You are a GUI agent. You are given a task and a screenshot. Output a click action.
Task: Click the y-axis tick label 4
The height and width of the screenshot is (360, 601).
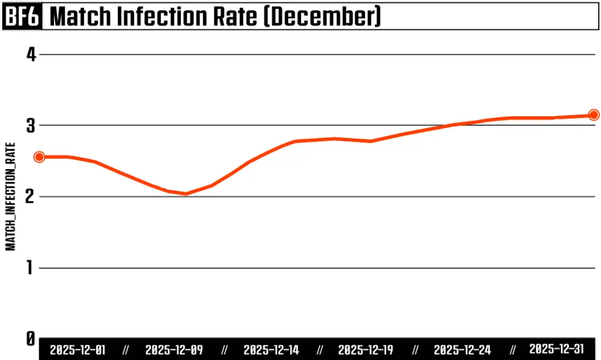pos(31,55)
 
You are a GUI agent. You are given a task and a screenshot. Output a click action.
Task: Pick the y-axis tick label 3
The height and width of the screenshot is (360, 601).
pos(31,126)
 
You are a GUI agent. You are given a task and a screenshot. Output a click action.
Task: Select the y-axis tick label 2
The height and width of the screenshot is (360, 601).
pos(31,197)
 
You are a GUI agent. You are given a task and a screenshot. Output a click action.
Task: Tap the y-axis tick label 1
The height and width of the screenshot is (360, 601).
pos(31,268)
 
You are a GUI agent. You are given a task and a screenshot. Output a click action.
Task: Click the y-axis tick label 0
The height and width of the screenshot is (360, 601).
pos(31,339)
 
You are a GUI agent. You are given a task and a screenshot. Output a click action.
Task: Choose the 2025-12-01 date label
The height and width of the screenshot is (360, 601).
pos(78,350)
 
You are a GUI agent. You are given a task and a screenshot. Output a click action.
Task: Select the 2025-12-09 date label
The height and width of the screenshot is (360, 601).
pos(174,350)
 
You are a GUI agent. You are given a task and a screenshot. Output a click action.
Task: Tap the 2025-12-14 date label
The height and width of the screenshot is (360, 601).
pos(271,350)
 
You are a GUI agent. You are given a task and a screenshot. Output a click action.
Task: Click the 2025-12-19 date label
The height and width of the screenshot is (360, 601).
pos(366,350)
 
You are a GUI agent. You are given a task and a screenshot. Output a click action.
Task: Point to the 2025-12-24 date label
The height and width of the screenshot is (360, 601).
pos(462,350)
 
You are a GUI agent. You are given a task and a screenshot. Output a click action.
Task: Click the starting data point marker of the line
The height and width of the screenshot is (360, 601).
pos(39,157)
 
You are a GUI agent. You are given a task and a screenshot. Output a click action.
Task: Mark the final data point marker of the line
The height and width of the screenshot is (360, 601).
pos(593,115)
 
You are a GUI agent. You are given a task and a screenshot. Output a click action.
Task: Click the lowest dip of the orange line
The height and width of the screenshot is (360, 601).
pos(185,193)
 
